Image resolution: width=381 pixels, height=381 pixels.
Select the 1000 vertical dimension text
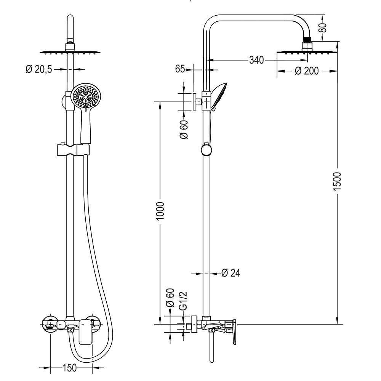click(160, 211)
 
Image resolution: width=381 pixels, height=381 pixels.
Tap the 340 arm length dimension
click(256, 60)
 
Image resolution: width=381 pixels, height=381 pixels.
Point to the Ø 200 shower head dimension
click(307, 71)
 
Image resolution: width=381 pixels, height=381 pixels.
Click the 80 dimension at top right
click(323, 27)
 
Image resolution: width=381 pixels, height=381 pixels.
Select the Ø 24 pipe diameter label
click(231, 273)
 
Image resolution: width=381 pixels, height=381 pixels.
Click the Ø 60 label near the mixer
click(170, 298)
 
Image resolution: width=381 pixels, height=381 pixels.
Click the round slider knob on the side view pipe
click(206, 149)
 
